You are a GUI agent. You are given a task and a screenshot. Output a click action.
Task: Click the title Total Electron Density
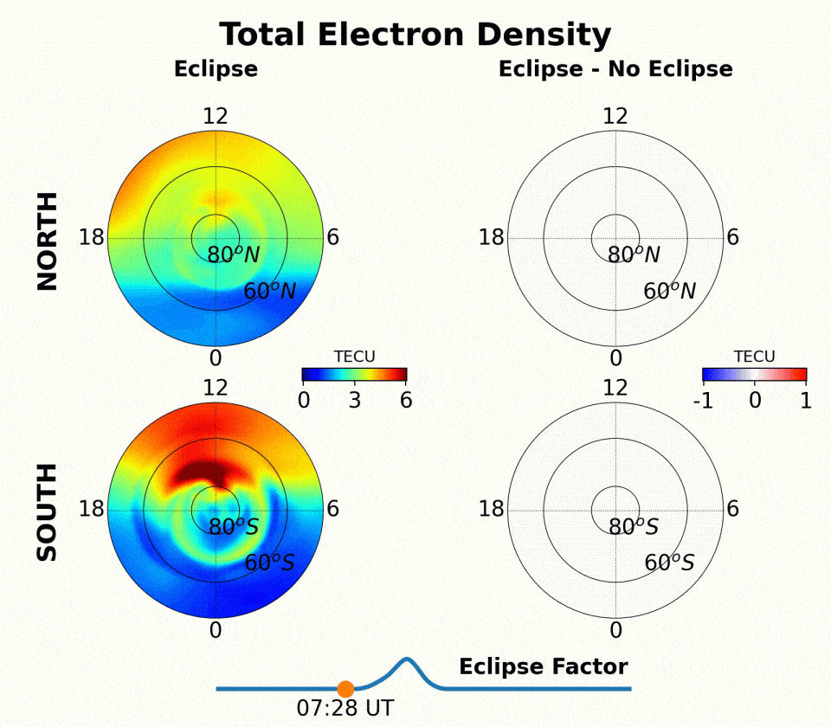pos(415,35)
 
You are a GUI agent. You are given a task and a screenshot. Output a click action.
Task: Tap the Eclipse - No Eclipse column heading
pos(615,69)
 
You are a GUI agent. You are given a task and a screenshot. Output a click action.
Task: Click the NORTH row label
pos(48,241)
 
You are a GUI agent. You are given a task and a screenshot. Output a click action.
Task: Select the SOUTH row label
pos(48,511)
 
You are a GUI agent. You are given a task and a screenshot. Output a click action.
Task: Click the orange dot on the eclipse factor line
pos(345,689)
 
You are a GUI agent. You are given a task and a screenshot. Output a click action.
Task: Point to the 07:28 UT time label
pos(345,708)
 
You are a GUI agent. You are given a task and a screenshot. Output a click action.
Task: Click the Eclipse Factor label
pos(543,666)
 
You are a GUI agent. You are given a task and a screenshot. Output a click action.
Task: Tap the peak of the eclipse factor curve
pos(407,660)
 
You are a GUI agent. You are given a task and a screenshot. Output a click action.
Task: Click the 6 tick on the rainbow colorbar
pos(405,400)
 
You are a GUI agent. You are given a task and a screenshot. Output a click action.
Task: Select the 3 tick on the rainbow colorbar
pos(354,400)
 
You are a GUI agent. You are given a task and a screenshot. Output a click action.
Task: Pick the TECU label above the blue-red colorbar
pos(754,357)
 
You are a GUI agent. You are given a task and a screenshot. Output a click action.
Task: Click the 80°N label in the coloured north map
pos(233,255)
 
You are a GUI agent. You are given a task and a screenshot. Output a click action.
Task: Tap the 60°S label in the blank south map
pos(669,563)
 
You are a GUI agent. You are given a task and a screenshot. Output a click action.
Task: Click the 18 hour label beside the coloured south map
pos(91,509)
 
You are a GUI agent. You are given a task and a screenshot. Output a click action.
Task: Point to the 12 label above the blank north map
pos(615,116)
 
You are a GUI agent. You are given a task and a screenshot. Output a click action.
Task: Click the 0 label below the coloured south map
pos(216,630)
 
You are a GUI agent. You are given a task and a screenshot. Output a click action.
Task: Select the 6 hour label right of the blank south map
pos(732,509)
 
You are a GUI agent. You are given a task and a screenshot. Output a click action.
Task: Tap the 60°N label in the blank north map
pos(669,292)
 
